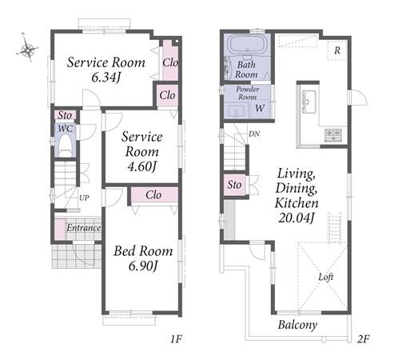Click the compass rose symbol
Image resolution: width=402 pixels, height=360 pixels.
(x=27, y=49)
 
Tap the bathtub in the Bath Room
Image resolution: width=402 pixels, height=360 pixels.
(x=246, y=44)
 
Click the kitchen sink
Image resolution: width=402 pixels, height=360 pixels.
(x=309, y=102)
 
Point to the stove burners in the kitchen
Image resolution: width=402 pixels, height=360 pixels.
(x=333, y=134)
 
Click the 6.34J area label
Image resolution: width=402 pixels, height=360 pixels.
(x=105, y=78)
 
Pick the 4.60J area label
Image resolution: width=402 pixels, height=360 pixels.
(x=141, y=166)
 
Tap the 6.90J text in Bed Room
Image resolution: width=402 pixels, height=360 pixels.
(x=144, y=266)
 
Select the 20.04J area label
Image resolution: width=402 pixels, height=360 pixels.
(x=297, y=218)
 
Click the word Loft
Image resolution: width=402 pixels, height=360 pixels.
(x=326, y=277)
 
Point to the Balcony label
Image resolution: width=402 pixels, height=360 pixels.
(x=297, y=325)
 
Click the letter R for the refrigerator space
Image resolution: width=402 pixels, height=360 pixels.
(x=337, y=50)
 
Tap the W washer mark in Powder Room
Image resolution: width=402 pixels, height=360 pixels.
(x=260, y=108)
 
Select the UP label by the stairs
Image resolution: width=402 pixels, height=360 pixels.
(x=84, y=198)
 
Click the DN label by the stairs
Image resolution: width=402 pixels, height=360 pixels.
(x=254, y=134)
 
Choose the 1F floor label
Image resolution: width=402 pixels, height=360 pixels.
(x=176, y=339)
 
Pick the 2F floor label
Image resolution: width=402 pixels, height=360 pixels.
(x=364, y=339)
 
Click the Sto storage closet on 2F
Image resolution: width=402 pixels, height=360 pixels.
(x=234, y=185)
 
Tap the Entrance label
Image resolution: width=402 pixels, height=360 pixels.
(x=84, y=228)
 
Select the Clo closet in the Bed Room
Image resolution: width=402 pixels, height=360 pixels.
(x=154, y=195)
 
